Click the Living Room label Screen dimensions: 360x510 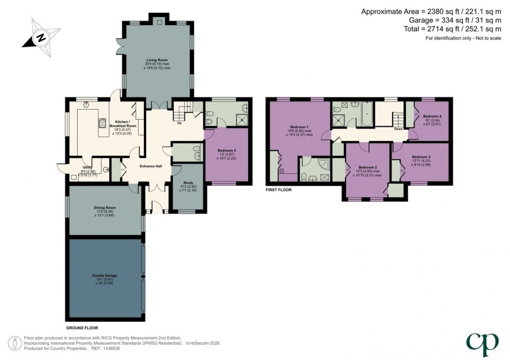157,60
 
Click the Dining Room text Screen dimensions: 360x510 104,207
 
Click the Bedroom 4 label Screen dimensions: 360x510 432,117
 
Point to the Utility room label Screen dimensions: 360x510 86,167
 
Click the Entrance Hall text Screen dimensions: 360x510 151,166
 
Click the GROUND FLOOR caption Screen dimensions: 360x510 82,328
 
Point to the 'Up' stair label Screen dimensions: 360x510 179,123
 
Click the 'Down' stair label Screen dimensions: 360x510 398,128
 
